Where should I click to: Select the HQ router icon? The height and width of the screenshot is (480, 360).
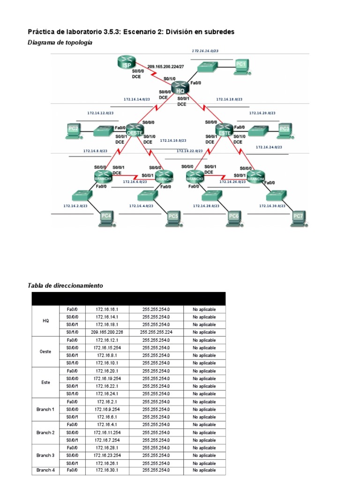[x=179, y=87]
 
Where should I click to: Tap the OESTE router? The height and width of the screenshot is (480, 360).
[x=135, y=129]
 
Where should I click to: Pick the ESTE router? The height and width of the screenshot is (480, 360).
[x=225, y=129]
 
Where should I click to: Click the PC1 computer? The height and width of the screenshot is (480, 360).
[x=240, y=66]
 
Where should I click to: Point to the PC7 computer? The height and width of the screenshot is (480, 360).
[x=298, y=217]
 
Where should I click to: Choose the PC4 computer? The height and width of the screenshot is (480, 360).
[x=106, y=217]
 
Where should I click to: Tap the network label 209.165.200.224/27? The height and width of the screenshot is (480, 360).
[x=165, y=67]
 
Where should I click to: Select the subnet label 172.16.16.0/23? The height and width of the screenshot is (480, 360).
[x=205, y=50]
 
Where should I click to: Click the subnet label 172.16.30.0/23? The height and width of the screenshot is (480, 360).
[x=272, y=205]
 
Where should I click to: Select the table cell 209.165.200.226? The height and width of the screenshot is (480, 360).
[x=107, y=332]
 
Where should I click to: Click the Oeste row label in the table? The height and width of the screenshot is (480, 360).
[x=45, y=351]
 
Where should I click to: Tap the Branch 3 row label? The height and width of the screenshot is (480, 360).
[x=45, y=455]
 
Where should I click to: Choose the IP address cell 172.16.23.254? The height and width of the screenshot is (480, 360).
[x=107, y=455]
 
